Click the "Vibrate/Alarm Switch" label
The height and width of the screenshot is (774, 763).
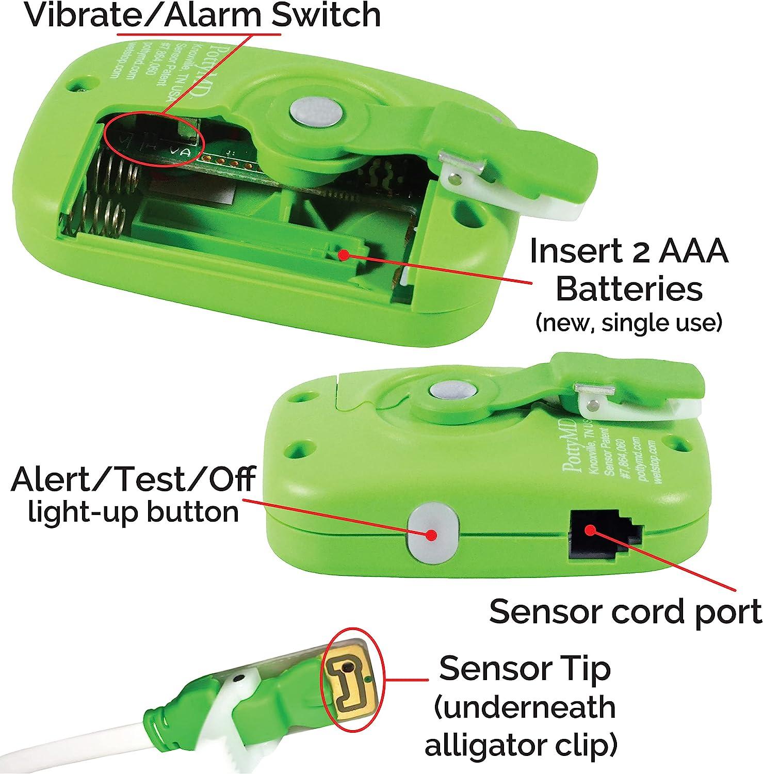pyautogui.click(x=202, y=15)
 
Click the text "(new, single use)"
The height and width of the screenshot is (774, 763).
pyautogui.click(x=628, y=322)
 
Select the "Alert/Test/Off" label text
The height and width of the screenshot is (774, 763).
pyautogui.click(x=133, y=479)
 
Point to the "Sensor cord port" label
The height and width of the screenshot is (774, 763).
pyautogui.click(x=625, y=611)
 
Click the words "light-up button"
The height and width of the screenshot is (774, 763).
pyautogui.click(x=133, y=512)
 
